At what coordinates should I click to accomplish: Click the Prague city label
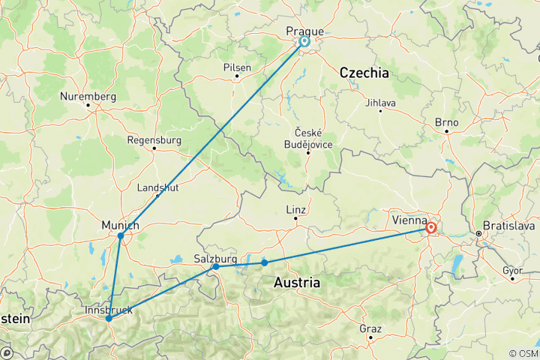tap(305, 31)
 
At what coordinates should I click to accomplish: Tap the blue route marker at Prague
tap(305, 41)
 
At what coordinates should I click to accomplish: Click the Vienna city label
tap(409, 220)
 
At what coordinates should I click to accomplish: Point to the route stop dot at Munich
tap(121, 235)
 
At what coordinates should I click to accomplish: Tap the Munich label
tap(120, 225)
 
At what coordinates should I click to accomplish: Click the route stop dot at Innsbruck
tap(109, 318)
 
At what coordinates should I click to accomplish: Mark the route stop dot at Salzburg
tap(216, 266)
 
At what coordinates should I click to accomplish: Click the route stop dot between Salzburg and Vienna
tap(264, 262)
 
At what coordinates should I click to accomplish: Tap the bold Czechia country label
tap(364, 73)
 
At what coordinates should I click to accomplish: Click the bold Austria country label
tap(297, 283)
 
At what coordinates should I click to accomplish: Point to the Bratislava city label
tap(510, 224)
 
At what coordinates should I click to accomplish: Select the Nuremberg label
tap(89, 97)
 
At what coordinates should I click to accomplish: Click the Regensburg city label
tap(155, 139)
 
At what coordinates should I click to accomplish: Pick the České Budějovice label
tap(307, 136)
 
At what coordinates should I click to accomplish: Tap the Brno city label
tap(446, 121)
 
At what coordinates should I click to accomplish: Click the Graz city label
tap(370, 328)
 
